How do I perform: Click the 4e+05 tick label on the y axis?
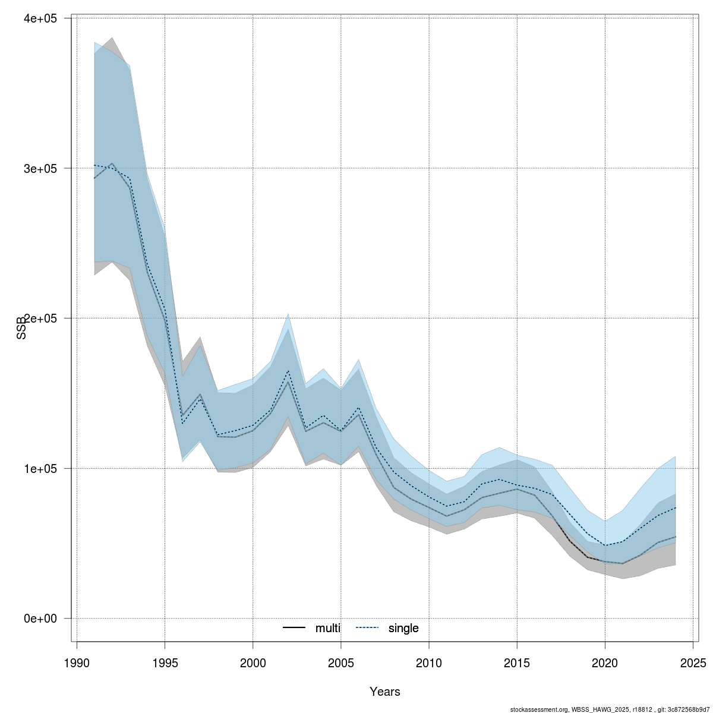40,18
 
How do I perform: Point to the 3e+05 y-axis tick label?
40,169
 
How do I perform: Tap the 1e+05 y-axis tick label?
40,469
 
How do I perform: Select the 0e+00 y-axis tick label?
40,619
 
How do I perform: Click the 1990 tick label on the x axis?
77,662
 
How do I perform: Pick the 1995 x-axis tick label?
165,662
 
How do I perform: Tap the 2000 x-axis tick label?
253,662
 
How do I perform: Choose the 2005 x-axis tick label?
341,662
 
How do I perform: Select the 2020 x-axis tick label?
605,662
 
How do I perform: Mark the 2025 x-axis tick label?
693,662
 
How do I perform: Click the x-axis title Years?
385,692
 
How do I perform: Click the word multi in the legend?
328,628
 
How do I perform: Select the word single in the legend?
403,628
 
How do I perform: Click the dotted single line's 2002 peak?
288,371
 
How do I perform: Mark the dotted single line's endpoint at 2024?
676,507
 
